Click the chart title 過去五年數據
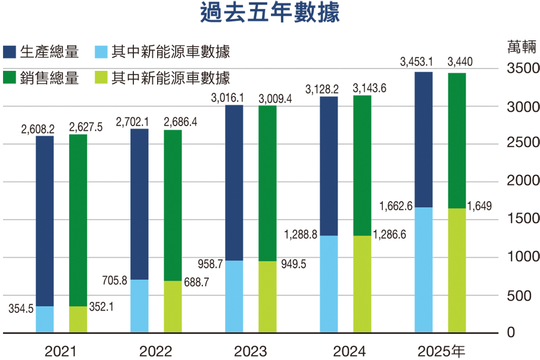tap(270, 12)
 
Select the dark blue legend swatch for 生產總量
tap(10, 52)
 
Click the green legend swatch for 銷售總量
tap(10, 78)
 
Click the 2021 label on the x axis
tap(61, 351)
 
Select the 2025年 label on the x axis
tap(441, 351)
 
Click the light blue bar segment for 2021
tap(45, 320)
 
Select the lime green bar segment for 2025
tap(457, 270)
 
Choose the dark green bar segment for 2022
tap(173, 205)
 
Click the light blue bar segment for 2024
tap(329, 284)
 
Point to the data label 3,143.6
tap(370, 89)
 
